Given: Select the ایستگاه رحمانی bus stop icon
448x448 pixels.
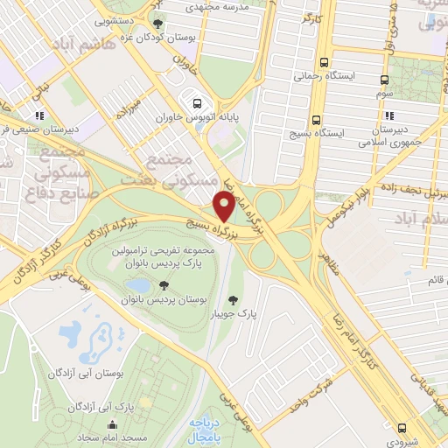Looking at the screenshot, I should click(325, 62).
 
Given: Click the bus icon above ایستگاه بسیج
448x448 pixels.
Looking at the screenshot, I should click(317, 120).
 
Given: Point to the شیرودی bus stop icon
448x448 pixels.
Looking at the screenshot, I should click(402, 428).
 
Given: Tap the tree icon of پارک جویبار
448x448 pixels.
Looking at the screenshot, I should click(232, 302).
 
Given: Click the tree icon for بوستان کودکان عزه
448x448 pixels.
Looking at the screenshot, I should click(157, 24).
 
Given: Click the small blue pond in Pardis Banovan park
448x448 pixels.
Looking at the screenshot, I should click(136, 285).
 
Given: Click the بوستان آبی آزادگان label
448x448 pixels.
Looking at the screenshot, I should click(80, 374).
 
